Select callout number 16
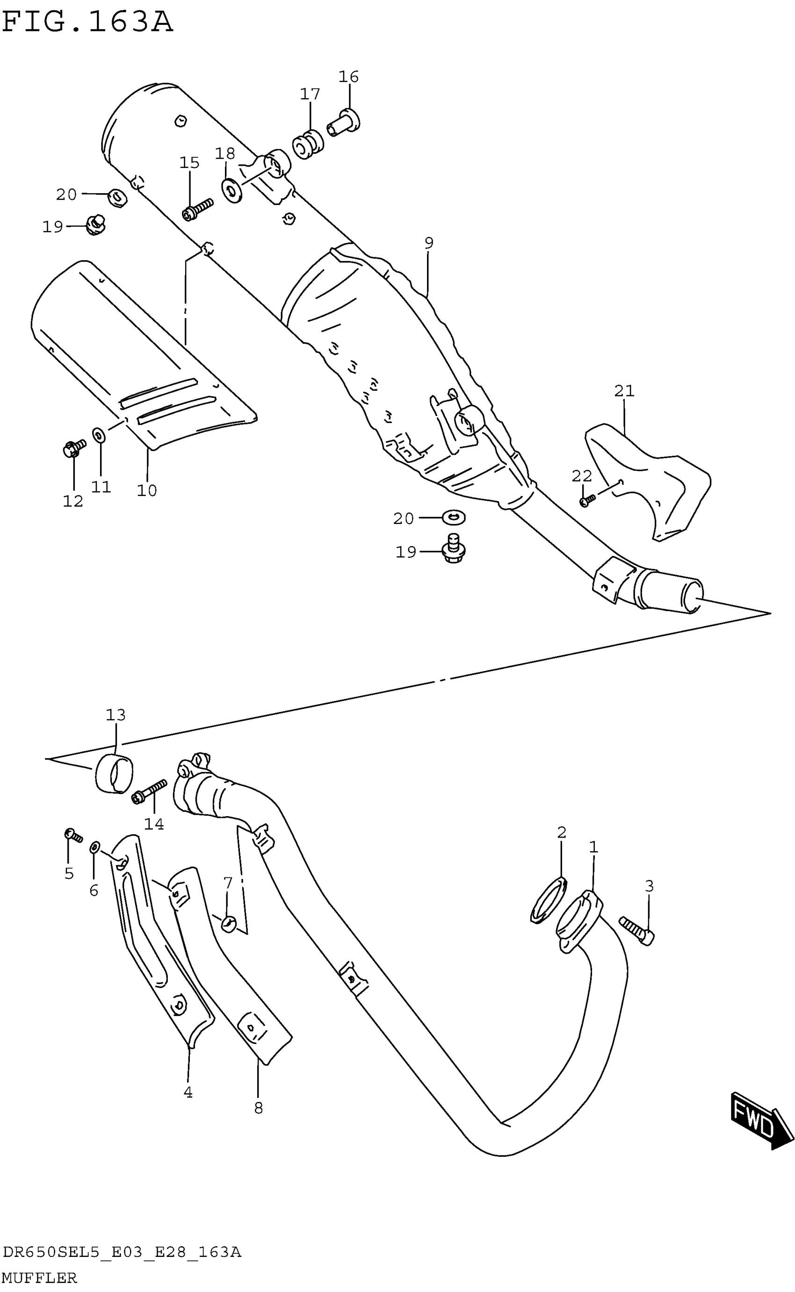[348, 77]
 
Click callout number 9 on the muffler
[428, 243]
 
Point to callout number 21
[624, 391]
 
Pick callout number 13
[116, 715]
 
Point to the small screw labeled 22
[587, 500]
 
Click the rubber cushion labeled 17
[307, 143]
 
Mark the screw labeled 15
[197, 208]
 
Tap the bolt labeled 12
[73, 448]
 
